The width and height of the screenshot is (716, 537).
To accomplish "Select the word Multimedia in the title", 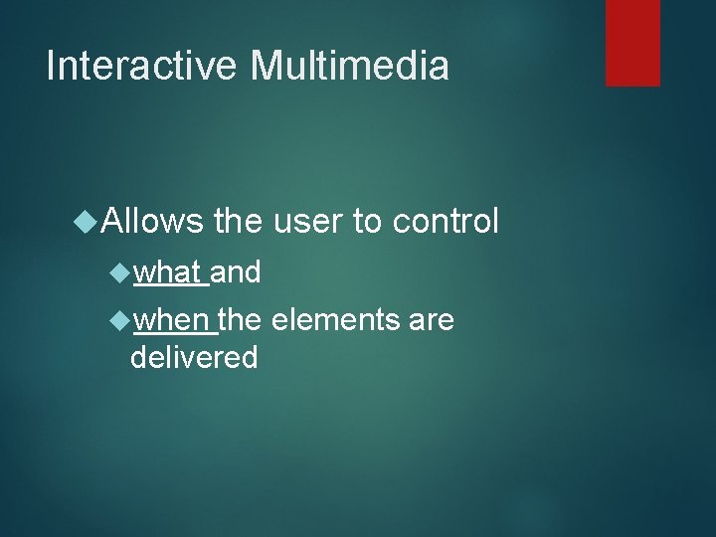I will click(350, 66).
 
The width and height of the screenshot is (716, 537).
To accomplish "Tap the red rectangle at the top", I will click(632, 42).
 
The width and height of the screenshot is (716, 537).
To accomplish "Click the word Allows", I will click(152, 221).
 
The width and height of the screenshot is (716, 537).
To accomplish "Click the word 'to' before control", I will click(367, 222).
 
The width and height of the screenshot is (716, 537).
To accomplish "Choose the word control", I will click(446, 221).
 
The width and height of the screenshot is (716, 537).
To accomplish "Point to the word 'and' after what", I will click(236, 270).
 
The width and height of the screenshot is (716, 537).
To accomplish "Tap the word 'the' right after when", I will click(239, 320).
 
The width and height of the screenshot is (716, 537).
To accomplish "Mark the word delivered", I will click(194, 356).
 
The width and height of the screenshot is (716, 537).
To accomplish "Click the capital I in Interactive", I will click(52, 66).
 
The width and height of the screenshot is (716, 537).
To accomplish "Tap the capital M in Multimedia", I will click(267, 66).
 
